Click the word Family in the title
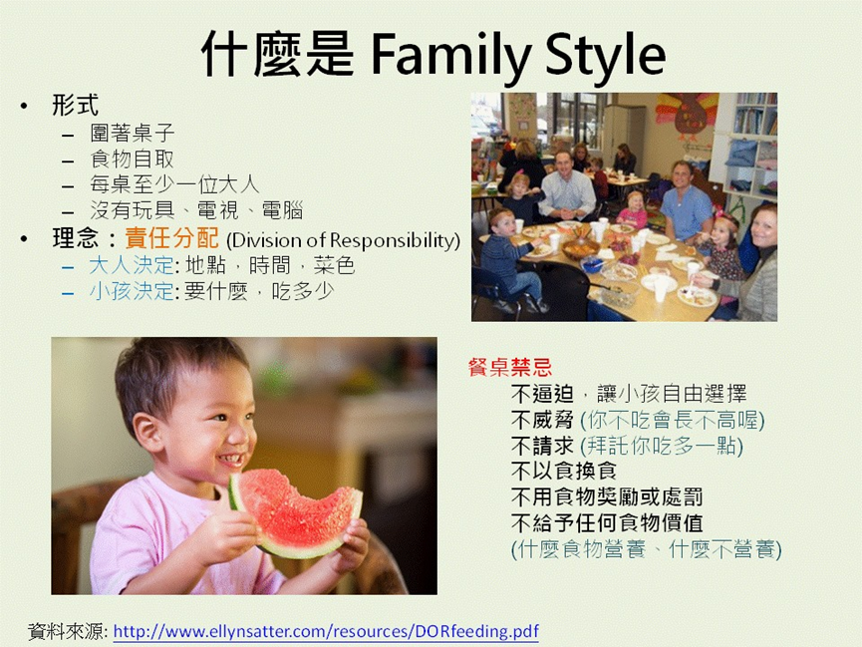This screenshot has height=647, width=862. click(x=450, y=55)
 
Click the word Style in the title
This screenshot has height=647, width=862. click(x=605, y=55)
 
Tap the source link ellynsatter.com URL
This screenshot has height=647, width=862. click(x=326, y=631)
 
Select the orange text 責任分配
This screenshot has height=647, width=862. click(x=172, y=239)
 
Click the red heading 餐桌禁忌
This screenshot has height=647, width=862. click(x=510, y=367)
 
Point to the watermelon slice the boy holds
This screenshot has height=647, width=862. click(x=294, y=512)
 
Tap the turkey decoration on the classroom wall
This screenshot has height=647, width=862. click(x=688, y=117)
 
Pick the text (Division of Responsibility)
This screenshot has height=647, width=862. click(x=343, y=240)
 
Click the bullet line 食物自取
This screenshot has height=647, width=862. click(x=132, y=159)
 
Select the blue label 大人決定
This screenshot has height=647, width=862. click(x=132, y=265)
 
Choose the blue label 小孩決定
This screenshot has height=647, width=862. click(x=132, y=291)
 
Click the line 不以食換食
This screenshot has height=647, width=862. click(x=563, y=471)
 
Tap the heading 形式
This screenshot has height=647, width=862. click(x=76, y=105)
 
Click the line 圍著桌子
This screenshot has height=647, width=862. click(x=132, y=134)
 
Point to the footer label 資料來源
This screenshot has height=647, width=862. click(x=68, y=632)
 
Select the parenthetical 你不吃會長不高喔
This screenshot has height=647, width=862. click(x=673, y=420)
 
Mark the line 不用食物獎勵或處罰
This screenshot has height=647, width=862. click(x=607, y=497)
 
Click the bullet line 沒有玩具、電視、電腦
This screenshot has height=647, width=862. click(x=196, y=210)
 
